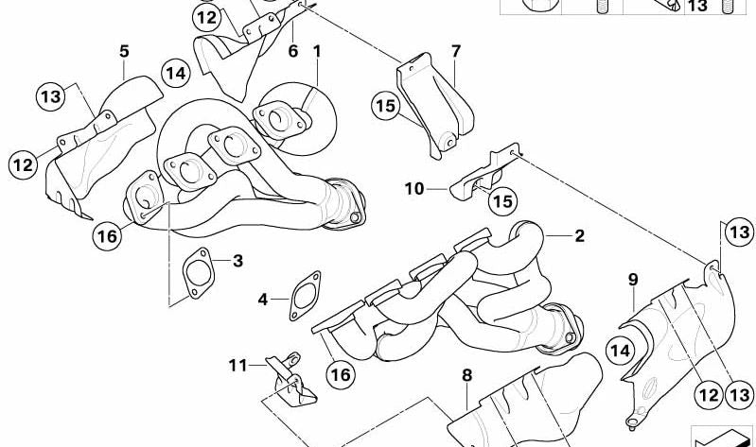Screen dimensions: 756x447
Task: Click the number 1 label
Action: click(317, 51)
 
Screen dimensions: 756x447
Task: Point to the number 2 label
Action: click(579, 235)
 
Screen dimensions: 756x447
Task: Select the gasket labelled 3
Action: click(198, 273)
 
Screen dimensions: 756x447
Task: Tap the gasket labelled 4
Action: click(305, 296)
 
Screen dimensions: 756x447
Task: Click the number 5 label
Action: click(124, 51)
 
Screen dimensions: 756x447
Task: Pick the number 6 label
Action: click(293, 51)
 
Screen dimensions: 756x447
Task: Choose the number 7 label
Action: click(456, 51)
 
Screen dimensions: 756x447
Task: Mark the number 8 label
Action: click(466, 375)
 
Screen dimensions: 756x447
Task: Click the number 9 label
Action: click(633, 280)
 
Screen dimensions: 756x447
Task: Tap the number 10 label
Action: click(414, 189)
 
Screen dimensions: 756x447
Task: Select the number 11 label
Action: click(237, 366)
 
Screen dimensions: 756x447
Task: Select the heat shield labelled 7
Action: click(434, 106)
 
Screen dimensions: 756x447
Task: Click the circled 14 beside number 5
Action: click(176, 73)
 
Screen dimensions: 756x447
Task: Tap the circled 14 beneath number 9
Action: click(620, 351)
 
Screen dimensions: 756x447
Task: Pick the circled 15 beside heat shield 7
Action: click(386, 106)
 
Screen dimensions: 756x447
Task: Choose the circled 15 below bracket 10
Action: click(502, 201)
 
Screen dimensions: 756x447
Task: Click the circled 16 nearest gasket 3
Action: click(107, 236)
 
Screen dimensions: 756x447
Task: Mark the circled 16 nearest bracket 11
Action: click(341, 374)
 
